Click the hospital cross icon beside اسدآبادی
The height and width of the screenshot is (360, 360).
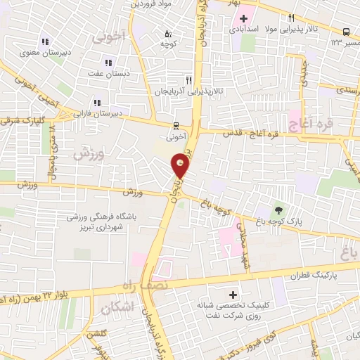click(x=243, y=18)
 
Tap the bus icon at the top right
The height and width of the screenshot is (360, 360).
click(x=347, y=32)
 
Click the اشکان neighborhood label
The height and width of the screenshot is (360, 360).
click(x=117, y=308)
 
